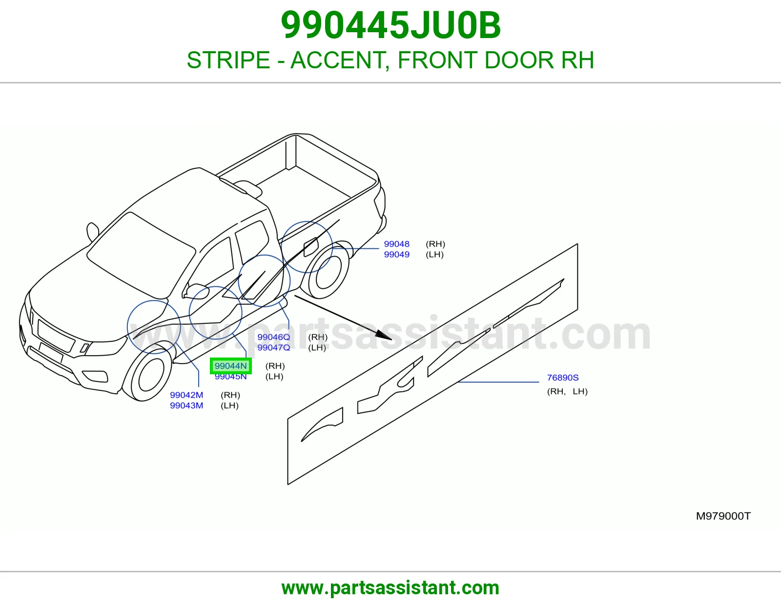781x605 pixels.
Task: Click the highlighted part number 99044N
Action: point(230,366)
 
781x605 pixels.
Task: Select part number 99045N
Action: point(230,377)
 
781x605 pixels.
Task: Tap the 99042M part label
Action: point(186,395)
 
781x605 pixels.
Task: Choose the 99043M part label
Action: point(186,405)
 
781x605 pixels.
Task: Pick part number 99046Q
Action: point(273,337)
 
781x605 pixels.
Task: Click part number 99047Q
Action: point(273,347)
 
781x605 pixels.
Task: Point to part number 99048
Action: point(396,244)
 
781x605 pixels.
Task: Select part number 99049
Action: point(396,254)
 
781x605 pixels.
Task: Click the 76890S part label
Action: point(562,378)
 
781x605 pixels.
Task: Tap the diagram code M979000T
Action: point(723,516)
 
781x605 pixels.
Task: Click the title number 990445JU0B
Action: point(390,25)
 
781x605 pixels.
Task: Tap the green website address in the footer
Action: point(390,588)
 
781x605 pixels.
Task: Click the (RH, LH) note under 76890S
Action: point(567,391)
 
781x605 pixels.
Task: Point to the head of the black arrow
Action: point(391,339)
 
